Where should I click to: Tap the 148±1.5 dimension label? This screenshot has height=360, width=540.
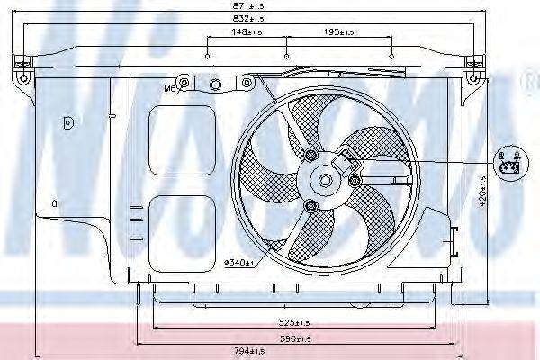tap(246, 31)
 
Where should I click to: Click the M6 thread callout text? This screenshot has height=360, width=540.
tap(170, 89)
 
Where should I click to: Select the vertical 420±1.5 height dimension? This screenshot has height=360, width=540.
tap(482, 191)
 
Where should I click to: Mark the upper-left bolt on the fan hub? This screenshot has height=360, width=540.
tap(311, 158)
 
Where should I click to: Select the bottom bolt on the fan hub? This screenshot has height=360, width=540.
tap(311, 207)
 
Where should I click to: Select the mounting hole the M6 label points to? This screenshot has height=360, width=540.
tap(184, 85)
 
